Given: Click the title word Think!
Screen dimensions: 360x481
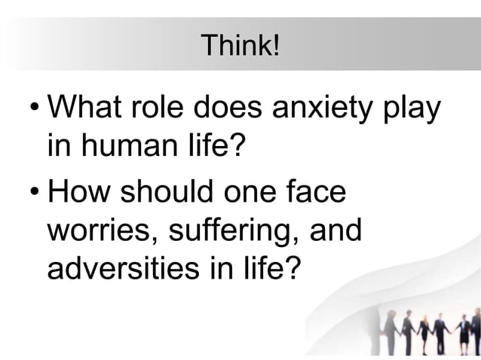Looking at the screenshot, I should (x=240, y=47).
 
